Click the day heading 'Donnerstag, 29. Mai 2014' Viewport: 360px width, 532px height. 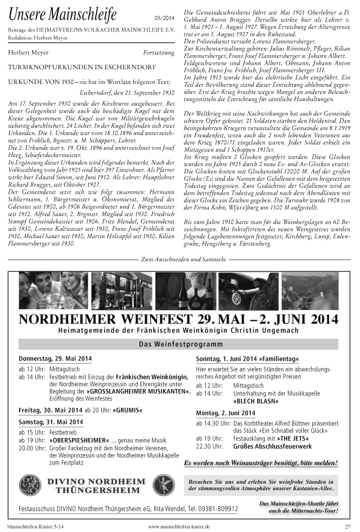click(x=55, y=359)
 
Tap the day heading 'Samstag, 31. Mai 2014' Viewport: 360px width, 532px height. click(x=51, y=422)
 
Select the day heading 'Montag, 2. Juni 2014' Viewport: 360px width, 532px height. click(x=225, y=412)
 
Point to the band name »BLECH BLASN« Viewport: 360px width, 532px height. click(x=256, y=401)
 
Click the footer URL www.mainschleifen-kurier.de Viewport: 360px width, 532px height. click(x=179, y=526)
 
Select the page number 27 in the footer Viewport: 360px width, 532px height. click(x=347, y=526)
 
